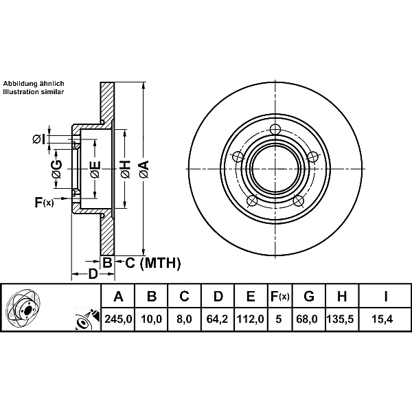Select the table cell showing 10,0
[152, 319]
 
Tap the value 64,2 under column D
[218, 319]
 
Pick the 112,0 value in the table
[251, 319]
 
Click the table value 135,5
[341, 319]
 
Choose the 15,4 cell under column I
[385, 319]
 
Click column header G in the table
[309, 297]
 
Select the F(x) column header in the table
[279, 297]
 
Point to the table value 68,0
[309, 319]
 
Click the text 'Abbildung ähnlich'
[34, 82]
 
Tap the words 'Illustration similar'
[34, 91]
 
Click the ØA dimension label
[143, 167]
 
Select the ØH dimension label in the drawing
[124, 167]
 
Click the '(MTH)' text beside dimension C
[159, 262]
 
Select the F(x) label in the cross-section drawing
[44, 202]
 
